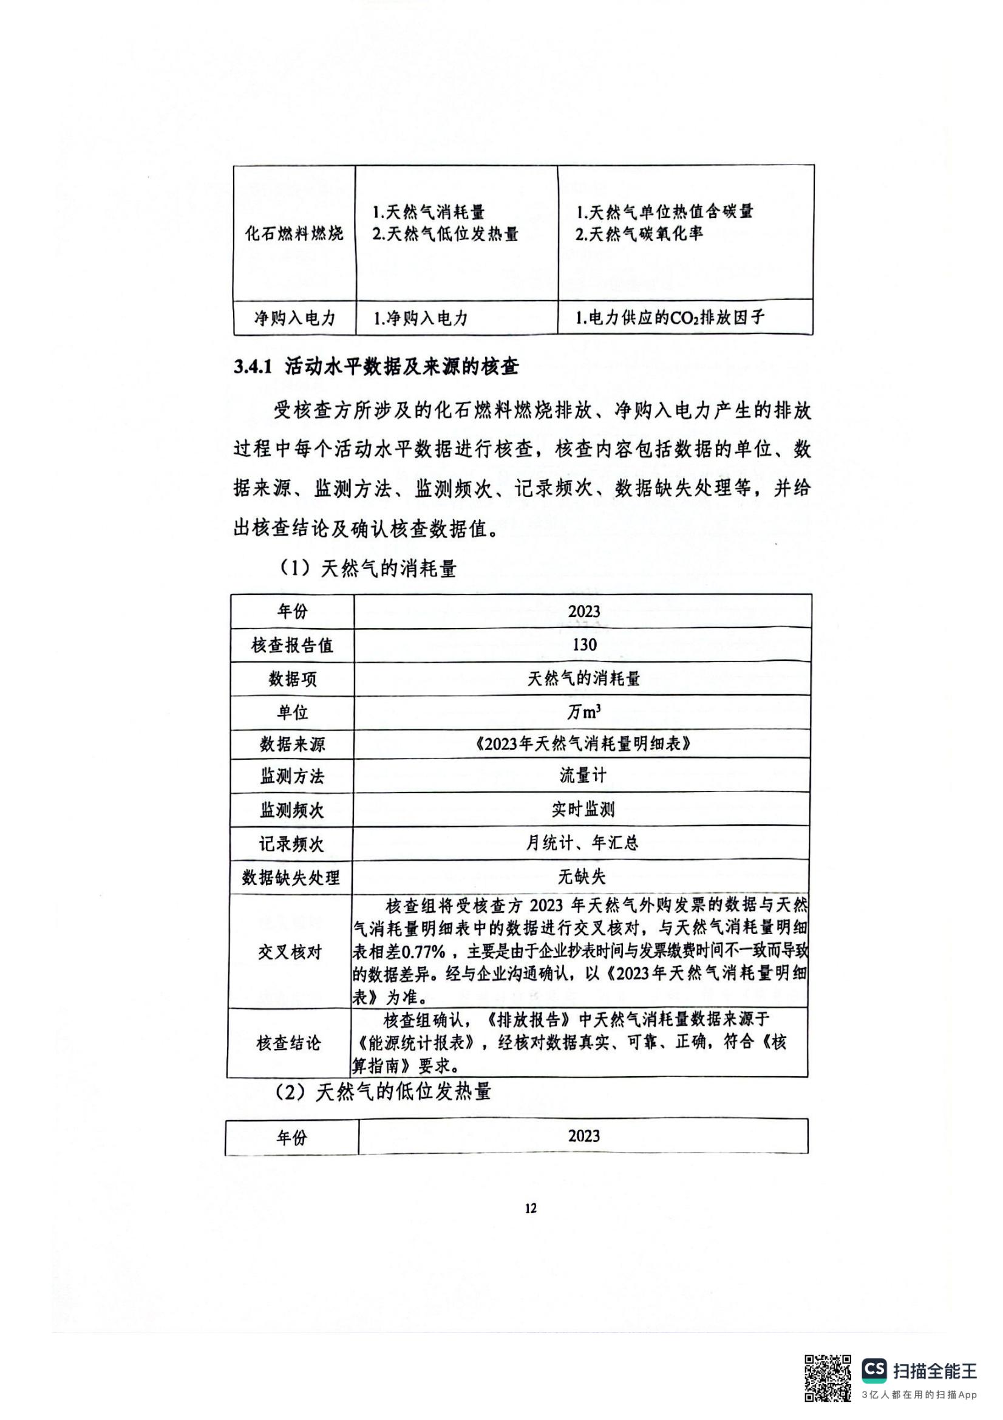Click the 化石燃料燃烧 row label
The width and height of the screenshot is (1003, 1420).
pos(294,234)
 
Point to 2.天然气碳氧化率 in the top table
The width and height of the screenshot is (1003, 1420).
pos(639,234)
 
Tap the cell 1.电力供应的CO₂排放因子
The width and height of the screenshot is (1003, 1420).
pos(670,318)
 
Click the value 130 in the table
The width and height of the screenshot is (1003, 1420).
pos(583,645)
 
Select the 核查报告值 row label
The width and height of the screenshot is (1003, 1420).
pos(292,646)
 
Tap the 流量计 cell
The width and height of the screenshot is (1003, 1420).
pos(583,776)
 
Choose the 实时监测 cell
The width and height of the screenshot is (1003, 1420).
pos(583,810)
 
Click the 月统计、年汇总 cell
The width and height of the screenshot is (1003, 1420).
pos(582,843)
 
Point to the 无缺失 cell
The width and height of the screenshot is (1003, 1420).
pos(582,876)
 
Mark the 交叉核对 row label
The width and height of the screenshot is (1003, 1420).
pos(290,952)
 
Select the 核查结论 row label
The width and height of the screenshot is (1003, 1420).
pos(289,1044)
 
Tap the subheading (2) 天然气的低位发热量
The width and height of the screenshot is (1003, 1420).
pos(382,1092)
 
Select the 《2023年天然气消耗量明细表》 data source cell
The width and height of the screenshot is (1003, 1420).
pos(583,744)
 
